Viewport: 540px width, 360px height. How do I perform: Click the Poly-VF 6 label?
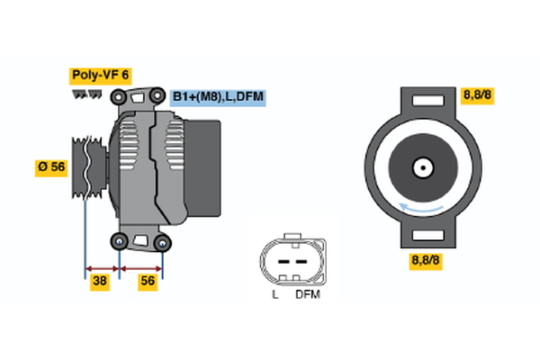pyautogui.click(x=100, y=76)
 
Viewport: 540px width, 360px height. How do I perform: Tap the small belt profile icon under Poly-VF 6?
pyautogui.click(x=85, y=93)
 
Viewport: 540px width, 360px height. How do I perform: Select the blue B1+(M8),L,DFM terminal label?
pyautogui.click(x=218, y=97)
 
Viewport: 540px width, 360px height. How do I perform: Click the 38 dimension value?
pyautogui.click(x=102, y=281)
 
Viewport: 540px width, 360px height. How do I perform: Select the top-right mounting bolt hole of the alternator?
pyautogui.click(x=155, y=95)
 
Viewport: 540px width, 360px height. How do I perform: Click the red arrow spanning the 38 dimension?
pyautogui.click(x=102, y=267)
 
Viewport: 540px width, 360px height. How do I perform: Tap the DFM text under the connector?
pyautogui.click(x=307, y=294)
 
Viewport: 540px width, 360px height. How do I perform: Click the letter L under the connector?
pyautogui.click(x=275, y=294)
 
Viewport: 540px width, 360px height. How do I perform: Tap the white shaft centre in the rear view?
pyautogui.click(x=421, y=167)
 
